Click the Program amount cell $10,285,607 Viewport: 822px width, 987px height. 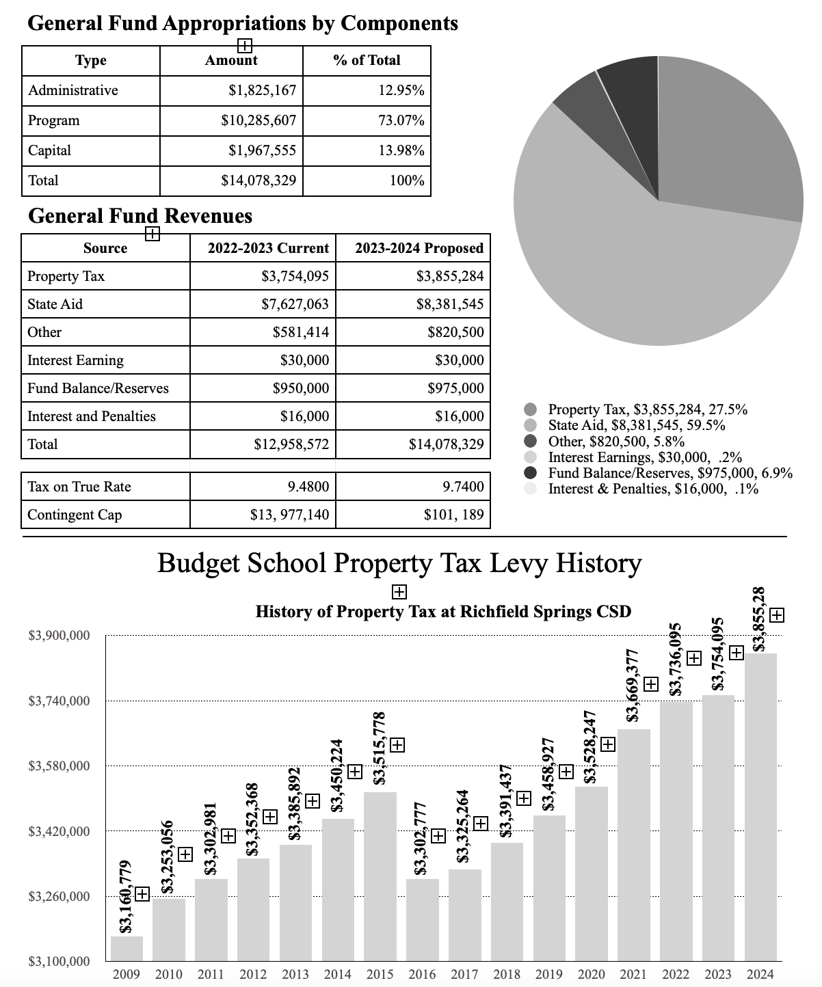(x=258, y=121)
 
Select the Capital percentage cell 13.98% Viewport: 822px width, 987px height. (x=401, y=151)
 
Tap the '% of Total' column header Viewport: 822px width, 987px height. (x=367, y=61)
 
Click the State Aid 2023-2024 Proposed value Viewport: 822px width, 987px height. (x=449, y=304)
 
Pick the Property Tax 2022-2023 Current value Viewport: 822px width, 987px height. (x=295, y=276)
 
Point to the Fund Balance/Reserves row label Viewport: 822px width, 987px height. (x=98, y=388)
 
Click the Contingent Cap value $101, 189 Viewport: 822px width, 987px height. (x=453, y=515)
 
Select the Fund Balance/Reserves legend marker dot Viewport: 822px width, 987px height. (x=530, y=473)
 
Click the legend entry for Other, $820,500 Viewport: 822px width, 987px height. (x=616, y=442)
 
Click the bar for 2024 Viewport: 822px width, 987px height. (x=760, y=807)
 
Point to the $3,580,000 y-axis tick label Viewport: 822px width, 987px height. (x=59, y=766)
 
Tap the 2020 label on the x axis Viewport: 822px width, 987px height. (x=591, y=974)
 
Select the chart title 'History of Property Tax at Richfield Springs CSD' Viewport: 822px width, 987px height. (x=442, y=612)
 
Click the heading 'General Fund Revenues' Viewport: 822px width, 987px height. (x=140, y=217)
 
